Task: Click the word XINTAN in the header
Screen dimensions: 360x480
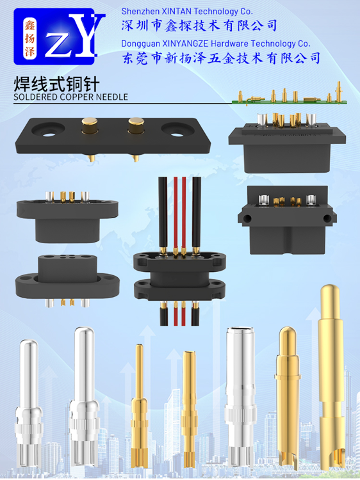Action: [x=176, y=12]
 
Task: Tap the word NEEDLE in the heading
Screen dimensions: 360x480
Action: [x=112, y=97]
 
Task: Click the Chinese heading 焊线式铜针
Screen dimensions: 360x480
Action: [x=56, y=84]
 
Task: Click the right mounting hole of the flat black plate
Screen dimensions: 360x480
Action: [x=177, y=130]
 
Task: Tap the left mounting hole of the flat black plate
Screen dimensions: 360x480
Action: [x=49, y=129]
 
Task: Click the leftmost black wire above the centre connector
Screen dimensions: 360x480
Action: [x=163, y=214]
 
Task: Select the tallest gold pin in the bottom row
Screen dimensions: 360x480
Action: [x=331, y=376]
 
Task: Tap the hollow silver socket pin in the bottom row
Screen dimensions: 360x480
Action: [x=240, y=398]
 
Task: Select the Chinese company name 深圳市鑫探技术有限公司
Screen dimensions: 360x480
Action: [x=199, y=26]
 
